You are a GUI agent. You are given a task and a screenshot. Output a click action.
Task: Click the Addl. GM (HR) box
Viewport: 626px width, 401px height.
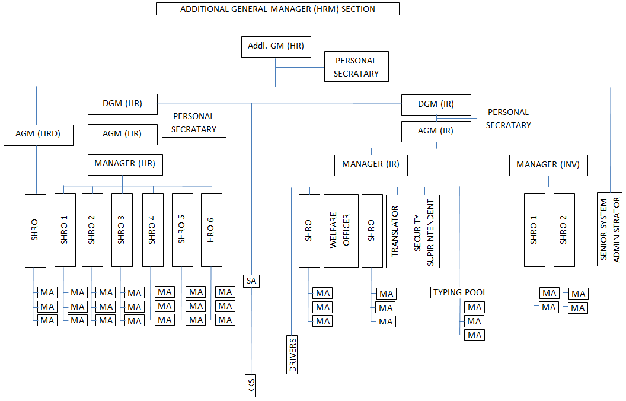pos(276,47)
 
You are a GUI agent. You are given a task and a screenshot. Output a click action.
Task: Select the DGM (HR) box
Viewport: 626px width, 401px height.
pos(123,104)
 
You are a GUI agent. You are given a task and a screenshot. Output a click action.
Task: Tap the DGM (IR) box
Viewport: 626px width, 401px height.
pos(436,104)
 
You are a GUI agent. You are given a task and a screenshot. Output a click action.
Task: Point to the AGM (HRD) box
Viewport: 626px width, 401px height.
pos(39,135)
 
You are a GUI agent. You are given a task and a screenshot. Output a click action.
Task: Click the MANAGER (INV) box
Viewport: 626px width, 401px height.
pos(548,164)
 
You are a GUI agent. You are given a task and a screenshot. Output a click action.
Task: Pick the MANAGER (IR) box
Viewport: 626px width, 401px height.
pos(371,164)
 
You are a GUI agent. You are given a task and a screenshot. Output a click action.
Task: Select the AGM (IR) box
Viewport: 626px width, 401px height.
pos(436,132)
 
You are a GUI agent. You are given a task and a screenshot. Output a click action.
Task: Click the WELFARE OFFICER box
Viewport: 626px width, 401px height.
pos(341,230)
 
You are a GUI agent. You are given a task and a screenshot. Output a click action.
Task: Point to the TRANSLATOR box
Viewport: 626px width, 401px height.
pos(397,231)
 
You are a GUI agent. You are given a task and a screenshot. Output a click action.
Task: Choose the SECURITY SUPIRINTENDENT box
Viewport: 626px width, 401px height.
pos(426,231)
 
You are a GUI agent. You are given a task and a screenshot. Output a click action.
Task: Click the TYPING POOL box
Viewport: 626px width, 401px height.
pos(461,292)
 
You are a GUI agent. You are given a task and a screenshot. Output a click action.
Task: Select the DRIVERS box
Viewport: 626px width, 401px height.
pos(293,355)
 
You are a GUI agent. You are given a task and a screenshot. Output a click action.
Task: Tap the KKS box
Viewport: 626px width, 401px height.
pos(251,386)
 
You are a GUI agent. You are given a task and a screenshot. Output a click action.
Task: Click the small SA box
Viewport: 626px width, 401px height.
pos(251,281)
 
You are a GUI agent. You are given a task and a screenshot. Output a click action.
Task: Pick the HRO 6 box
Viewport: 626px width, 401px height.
pos(212,230)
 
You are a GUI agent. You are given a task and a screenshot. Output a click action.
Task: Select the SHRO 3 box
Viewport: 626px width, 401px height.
pos(122,230)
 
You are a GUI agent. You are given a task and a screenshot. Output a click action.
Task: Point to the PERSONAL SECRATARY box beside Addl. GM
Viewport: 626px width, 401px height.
pos(356,67)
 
